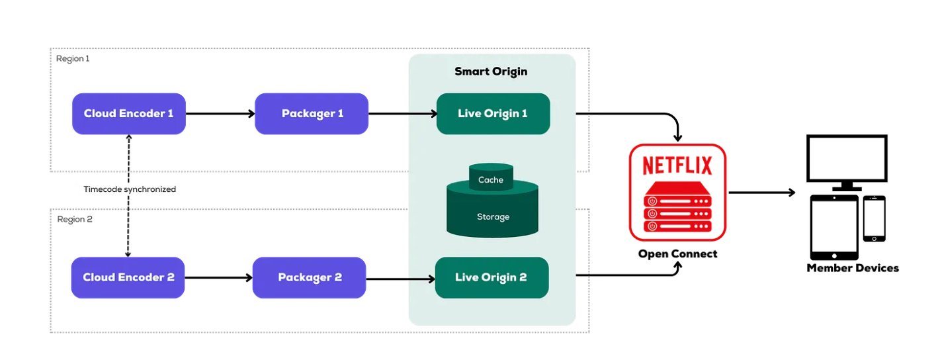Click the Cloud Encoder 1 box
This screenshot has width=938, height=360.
(128, 114)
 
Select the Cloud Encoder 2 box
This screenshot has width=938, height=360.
(128, 278)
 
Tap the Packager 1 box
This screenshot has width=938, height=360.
(312, 114)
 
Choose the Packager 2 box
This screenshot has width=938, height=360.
(310, 278)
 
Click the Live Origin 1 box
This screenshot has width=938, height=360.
(493, 114)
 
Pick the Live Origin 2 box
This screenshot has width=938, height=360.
(491, 278)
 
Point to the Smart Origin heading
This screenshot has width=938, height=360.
(491, 71)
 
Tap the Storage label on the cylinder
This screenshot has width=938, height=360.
(493, 217)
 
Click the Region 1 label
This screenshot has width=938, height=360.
(73, 58)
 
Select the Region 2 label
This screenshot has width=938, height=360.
(74, 220)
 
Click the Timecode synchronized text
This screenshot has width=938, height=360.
(130, 189)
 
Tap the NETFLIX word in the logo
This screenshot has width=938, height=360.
(677, 164)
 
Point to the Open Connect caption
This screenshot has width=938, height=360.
(677, 254)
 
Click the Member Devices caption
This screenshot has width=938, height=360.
(853, 268)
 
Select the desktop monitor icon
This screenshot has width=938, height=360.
(846, 159)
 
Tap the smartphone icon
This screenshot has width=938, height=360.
(874, 218)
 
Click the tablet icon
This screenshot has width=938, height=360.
(834, 227)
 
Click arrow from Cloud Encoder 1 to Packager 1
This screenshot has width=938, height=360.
(220, 114)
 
